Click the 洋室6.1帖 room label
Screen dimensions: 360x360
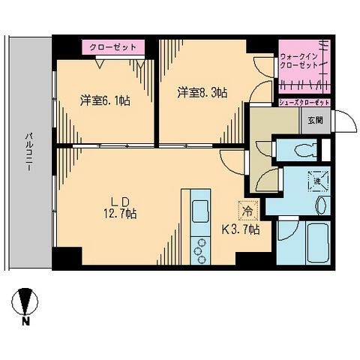105,100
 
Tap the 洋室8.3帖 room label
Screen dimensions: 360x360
202,92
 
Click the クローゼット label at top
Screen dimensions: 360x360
112,47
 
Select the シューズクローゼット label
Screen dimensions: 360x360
304,103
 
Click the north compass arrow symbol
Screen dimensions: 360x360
25,302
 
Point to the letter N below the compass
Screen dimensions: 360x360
25,322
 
